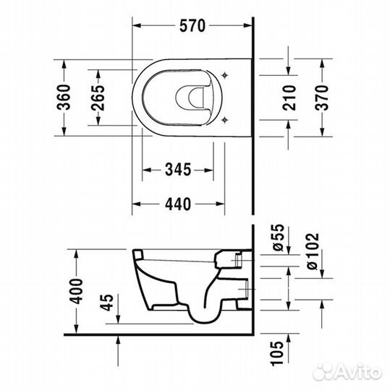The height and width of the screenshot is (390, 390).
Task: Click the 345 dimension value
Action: coord(177,170)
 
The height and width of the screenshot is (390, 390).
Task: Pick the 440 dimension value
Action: coord(177,204)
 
